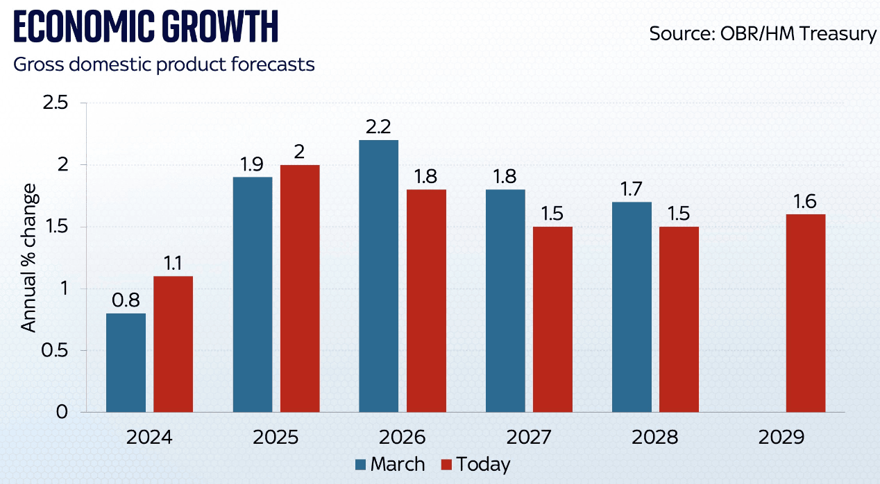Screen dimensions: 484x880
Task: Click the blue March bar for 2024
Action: [x=126, y=363]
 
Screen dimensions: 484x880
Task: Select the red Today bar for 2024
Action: [x=173, y=344]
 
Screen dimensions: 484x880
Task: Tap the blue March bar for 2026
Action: [x=378, y=276]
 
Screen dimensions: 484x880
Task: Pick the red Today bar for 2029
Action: [x=806, y=313]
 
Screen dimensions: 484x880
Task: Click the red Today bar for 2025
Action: [x=300, y=288]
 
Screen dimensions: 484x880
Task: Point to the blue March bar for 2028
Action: [x=632, y=307]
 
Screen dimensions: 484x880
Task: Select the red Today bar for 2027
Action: [x=552, y=319]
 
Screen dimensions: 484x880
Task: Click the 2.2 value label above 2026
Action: [x=378, y=127]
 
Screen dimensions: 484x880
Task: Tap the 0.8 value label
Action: [x=126, y=300]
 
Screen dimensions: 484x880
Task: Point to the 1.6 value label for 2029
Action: [x=806, y=201]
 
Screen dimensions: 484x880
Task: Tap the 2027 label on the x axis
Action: [x=529, y=438]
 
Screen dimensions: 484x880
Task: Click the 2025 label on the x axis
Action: [x=276, y=438]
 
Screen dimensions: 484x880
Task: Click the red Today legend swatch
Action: [x=446, y=465]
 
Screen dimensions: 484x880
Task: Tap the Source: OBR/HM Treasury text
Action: [x=762, y=33]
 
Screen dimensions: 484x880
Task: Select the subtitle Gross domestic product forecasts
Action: [x=164, y=65]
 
